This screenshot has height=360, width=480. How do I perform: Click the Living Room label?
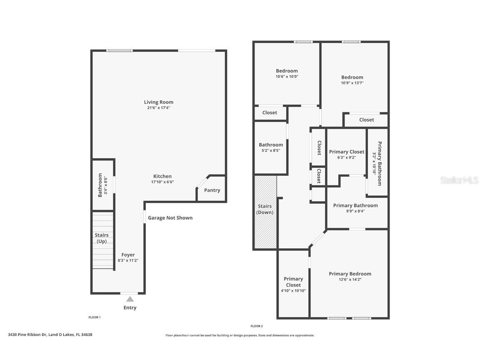point(158,102)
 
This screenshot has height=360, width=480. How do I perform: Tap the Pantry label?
point(212,190)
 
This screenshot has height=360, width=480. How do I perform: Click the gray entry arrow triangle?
point(130,299)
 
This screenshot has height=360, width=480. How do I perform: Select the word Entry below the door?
point(130,308)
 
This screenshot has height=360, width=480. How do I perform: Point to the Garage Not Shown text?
point(170,218)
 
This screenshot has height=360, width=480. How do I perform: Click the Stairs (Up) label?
point(102,238)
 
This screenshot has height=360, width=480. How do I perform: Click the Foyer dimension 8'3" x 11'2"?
point(128,260)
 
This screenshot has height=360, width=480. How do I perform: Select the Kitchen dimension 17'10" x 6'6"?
point(162,182)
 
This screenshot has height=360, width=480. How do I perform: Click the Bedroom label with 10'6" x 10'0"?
point(287,71)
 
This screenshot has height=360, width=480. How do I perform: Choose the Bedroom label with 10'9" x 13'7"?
point(352,77)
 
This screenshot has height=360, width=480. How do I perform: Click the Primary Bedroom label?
point(350,274)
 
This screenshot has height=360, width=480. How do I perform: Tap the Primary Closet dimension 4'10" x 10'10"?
point(293,291)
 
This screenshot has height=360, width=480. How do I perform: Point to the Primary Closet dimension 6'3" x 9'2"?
point(346,157)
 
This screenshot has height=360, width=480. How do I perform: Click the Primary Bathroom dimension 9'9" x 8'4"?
point(355,211)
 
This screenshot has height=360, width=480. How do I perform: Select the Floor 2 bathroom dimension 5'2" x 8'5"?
point(271,150)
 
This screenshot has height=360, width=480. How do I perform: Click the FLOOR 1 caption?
point(94,317)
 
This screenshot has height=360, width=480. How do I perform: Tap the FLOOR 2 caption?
point(257,326)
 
